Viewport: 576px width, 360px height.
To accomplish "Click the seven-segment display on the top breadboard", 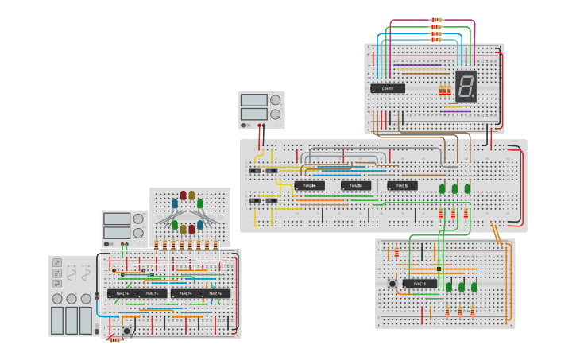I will pyautogui.click(x=466, y=85).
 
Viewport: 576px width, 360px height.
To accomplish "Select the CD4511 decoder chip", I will pyautogui.click(x=388, y=87).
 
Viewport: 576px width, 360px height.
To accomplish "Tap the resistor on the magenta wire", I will pyautogui.click(x=436, y=20).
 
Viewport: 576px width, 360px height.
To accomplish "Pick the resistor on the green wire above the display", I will pyautogui.click(x=436, y=27).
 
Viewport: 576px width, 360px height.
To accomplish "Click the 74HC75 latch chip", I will pyautogui.click(x=419, y=284).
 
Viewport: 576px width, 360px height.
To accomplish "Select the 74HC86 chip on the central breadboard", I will pyautogui.click(x=310, y=186).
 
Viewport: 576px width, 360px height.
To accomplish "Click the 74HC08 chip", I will pyautogui.click(x=356, y=186).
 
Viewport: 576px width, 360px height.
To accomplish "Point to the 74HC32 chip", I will pyautogui.click(x=403, y=186).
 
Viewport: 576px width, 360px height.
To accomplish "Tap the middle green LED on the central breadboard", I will pyautogui.click(x=454, y=189).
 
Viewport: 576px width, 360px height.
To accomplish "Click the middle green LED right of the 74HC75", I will pyautogui.click(x=461, y=286).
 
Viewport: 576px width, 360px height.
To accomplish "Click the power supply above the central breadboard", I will pyautogui.click(x=261, y=110).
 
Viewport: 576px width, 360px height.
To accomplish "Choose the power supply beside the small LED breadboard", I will pyautogui.click(x=124, y=228).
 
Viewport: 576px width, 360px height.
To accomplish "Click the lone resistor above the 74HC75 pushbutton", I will pyautogui.click(x=396, y=253).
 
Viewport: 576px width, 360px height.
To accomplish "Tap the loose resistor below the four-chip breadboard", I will pyautogui.click(x=116, y=339).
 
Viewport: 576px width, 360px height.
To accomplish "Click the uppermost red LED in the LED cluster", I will pyautogui.click(x=184, y=195).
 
